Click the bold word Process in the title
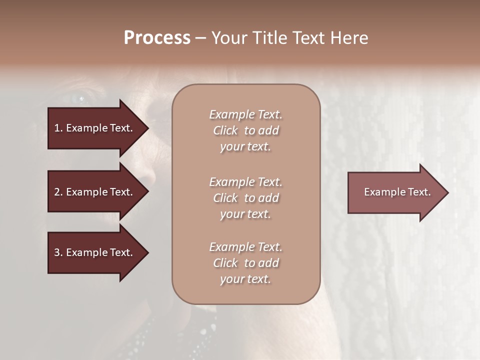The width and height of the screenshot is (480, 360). pyautogui.click(x=157, y=38)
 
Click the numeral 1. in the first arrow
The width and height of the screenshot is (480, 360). pyautogui.click(x=58, y=128)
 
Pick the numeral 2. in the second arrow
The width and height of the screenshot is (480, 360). pyautogui.click(x=58, y=192)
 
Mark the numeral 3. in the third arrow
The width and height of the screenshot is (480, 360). pyautogui.click(x=58, y=252)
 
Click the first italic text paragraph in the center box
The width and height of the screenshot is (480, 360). pyautogui.click(x=245, y=130)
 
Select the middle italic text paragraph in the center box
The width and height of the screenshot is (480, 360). pyautogui.click(x=245, y=198)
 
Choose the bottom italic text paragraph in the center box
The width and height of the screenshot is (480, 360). pyautogui.click(x=245, y=263)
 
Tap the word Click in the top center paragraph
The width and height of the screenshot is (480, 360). pyautogui.click(x=225, y=130)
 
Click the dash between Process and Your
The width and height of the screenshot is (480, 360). pyautogui.click(x=200, y=38)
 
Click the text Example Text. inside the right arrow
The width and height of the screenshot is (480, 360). pyautogui.click(x=397, y=192)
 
